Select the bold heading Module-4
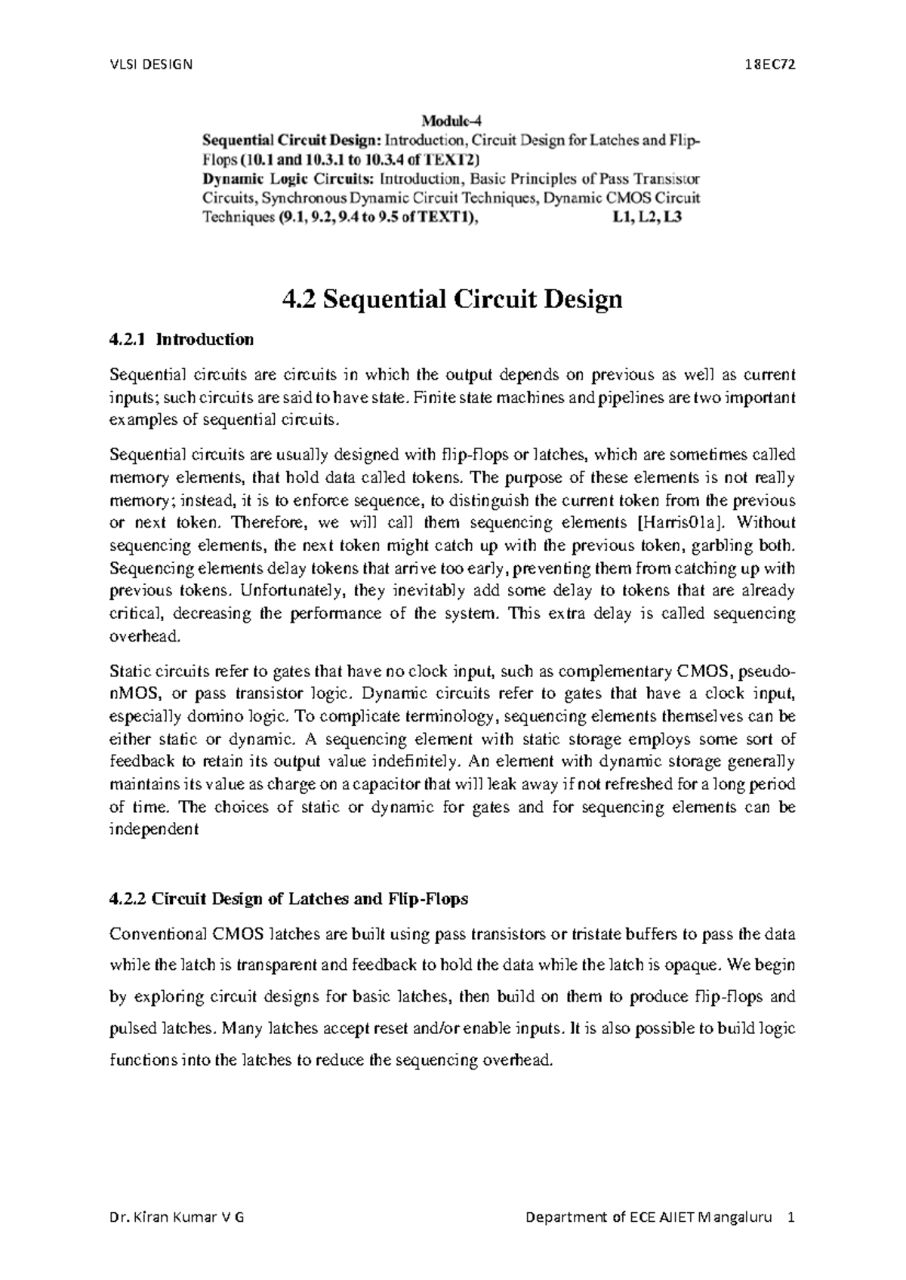pos(451,121)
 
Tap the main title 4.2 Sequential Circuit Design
pos(451,300)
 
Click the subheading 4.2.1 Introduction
pos(181,340)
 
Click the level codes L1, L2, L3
pos(649,219)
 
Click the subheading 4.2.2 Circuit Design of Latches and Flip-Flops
pos(288,900)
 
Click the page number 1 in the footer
pos(790,1218)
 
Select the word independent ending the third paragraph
pos(153,830)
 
